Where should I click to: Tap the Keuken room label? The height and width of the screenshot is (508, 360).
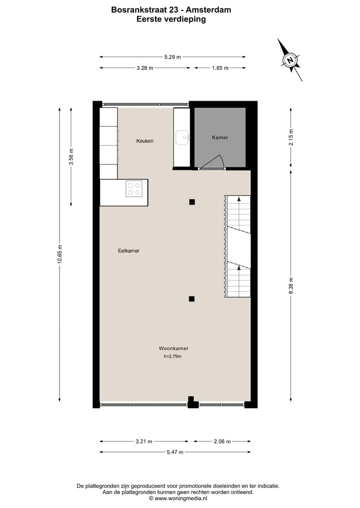pos(145,141)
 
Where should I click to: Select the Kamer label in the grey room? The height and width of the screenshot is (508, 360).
pos(220,137)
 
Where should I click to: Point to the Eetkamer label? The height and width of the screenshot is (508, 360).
pos(128,251)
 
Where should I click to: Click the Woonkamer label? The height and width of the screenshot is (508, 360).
pos(173,348)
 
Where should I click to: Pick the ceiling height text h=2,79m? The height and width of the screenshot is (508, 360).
pos(172,357)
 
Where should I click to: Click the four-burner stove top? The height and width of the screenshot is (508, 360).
pos(134,188)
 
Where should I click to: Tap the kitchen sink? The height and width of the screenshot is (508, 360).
pos(182,137)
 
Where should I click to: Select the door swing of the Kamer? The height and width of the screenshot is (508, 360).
pos(213,163)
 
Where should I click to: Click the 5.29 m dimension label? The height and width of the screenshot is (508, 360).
pos(172,57)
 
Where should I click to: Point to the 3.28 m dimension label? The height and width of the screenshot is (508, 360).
pos(144,68)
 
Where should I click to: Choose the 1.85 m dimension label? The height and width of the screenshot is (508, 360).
pos(219,68)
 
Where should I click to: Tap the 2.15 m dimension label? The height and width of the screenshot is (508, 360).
pos(291,137)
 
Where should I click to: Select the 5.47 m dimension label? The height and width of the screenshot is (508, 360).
pos(174,452)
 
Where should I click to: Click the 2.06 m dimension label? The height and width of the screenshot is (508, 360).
pos(222,442)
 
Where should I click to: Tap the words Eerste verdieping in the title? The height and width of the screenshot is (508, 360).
pos(171,19)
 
